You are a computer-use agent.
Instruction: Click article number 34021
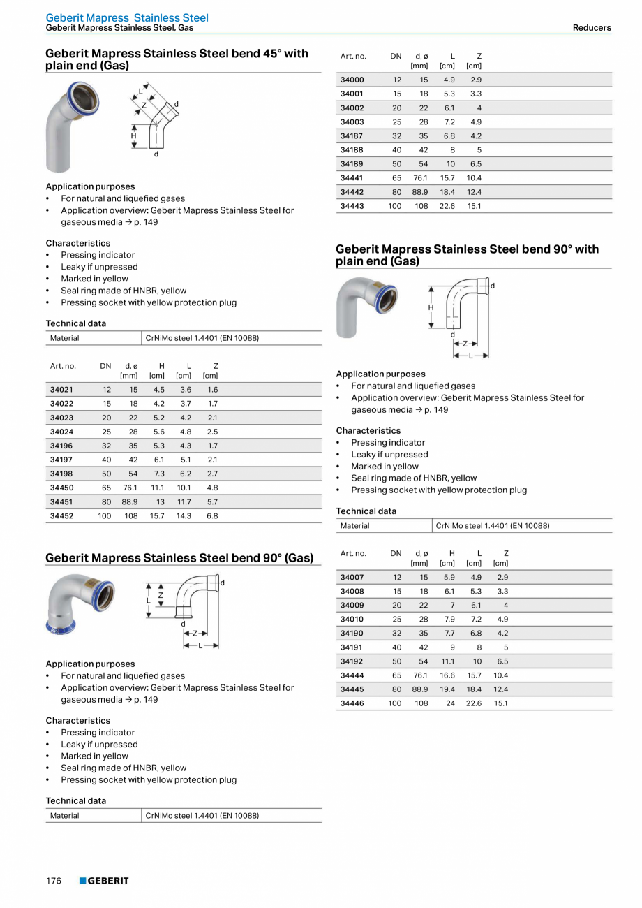click(x=61, y=390)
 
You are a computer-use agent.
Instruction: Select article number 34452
click(x=61, y=516)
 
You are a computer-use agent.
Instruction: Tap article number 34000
click(x=352, y=80)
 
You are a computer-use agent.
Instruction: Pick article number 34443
click(x=352, y=206)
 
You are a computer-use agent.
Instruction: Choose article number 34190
click(x=352, y=634)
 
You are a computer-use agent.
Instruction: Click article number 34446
click(x=352, y=703)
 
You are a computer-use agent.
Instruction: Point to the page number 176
click(x=54, y=881)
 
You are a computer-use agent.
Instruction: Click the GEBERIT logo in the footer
click(x=104, y=881)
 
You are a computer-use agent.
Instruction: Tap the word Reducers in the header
click(x=591, y=28)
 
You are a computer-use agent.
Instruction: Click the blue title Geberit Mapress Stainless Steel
click(x=127, y=17)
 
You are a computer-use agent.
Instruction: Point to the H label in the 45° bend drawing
click(x=134, y=136)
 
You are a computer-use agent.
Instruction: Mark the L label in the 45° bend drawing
click(x=140, y=91)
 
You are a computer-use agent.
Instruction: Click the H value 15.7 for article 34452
click(x=157, y=516)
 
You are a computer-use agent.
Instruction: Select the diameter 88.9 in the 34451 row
click(x=130, y=502)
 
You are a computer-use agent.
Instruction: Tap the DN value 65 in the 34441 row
click(x=396, y=178)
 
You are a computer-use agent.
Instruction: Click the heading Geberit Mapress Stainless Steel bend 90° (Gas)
click(x=179, y=558)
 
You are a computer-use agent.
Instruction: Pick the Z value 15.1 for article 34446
click(x=500, y=703)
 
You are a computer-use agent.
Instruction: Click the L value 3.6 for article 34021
click(x=186, y=390)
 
